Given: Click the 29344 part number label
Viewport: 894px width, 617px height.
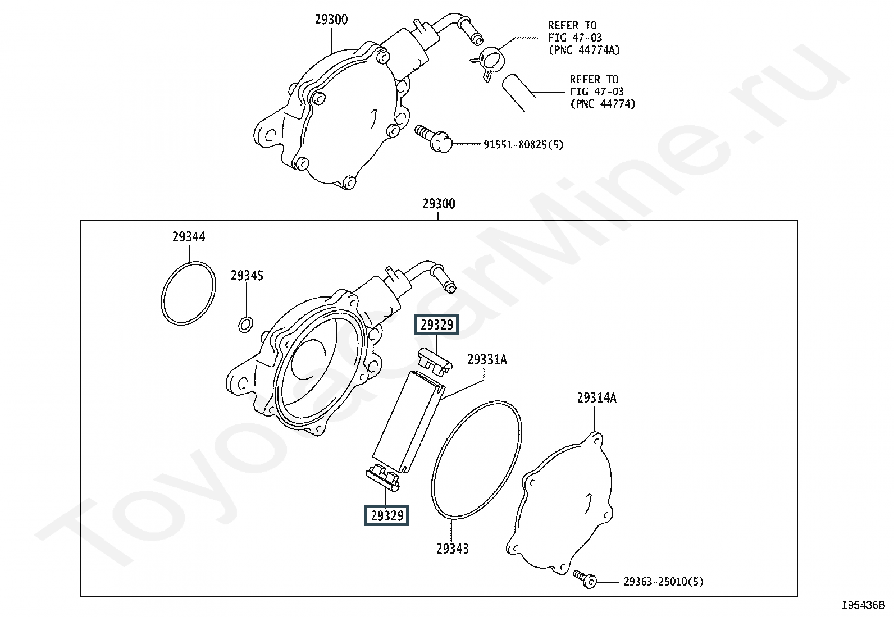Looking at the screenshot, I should click(189, 237).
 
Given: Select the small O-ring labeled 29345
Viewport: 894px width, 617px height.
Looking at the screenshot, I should click(245, 324).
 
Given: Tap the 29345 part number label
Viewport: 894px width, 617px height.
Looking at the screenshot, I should click(247, 276).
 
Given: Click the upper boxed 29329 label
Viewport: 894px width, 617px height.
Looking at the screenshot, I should click(436, 325).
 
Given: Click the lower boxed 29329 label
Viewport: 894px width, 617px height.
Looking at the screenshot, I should click(386, 515).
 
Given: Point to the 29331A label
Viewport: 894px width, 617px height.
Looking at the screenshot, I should click(487, 359).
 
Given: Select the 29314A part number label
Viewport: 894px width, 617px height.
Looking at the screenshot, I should click(596, 398).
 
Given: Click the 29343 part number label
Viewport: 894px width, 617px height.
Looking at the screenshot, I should click(453, 549).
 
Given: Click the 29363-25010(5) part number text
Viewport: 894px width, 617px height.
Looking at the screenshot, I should click(663, 582).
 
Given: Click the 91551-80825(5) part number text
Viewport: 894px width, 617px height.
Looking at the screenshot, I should click(523, 145).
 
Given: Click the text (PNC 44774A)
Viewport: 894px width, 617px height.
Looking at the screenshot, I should click(584, 50).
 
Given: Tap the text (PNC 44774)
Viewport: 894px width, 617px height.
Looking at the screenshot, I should click(603, 104).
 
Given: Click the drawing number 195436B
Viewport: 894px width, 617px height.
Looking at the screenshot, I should click(863, 605).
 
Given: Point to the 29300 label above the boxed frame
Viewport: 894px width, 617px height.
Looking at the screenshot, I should click(439, 203).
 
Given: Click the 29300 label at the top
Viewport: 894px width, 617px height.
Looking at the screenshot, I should click(331, 20).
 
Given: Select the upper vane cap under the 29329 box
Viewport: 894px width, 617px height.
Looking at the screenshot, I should click(435, 359).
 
